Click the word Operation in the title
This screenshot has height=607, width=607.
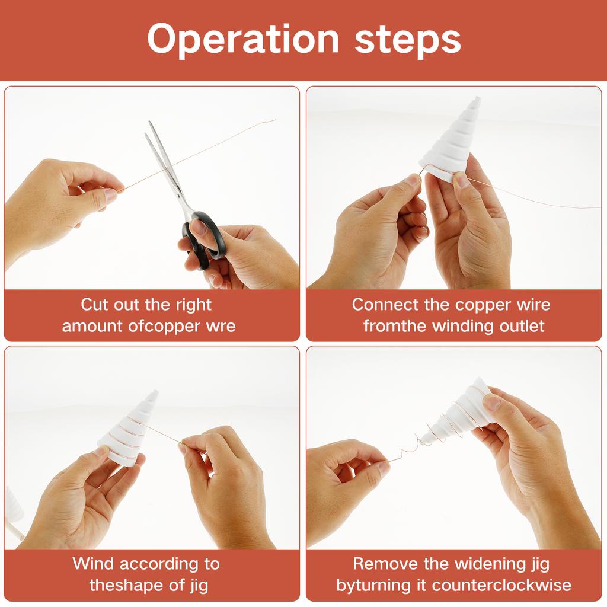243,40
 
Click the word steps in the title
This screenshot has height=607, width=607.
408,40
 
